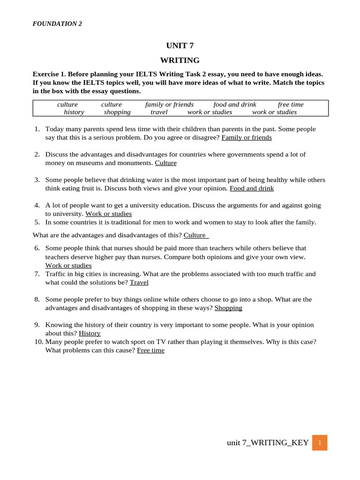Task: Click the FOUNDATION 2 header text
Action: (57, 24)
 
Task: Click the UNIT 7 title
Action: (180, 45)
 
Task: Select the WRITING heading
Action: (180, 60)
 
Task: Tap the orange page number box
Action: (319, 442)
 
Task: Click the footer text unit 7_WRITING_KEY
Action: (268, 442)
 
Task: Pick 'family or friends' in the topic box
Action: (169, 105)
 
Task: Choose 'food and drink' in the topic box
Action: (235, 105)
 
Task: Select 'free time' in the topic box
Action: (291, 105)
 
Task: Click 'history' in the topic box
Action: (74, 112)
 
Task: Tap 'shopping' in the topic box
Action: (117, 112)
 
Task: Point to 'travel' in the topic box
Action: (159, 112)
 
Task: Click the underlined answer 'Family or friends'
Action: (247, 137)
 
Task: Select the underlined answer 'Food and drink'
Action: (252, 188)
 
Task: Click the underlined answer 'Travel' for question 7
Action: (139, 282)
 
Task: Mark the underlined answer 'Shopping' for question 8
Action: (228, 308)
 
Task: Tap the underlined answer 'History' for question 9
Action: (90, 333)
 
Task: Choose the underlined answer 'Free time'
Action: (150, 350)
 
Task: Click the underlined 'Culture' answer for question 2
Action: (166, 163)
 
